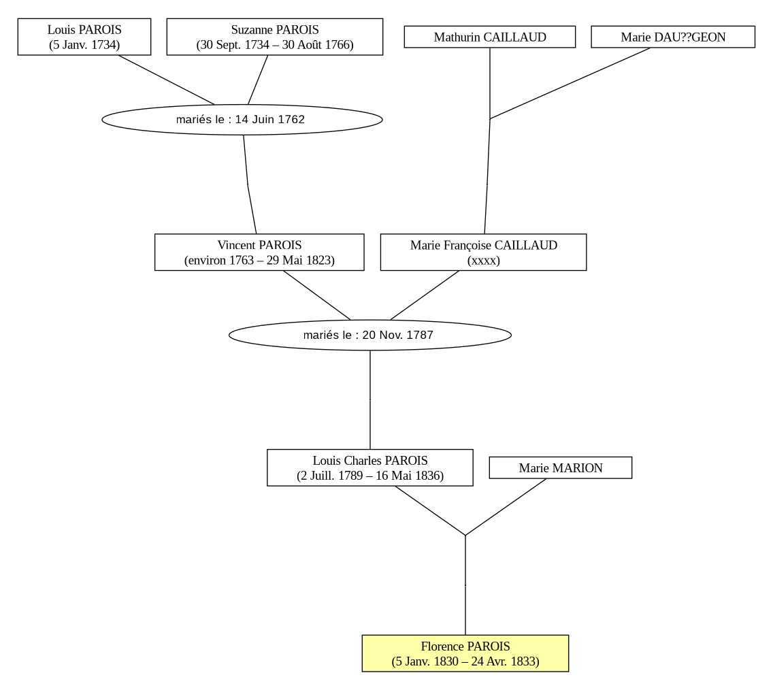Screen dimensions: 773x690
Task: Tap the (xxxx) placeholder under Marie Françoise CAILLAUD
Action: (484, 260)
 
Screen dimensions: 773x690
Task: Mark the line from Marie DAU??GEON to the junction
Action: (570, 83)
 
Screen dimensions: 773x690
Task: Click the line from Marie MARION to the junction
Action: (506, 507)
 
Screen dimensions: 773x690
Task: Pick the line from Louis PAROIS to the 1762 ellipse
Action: (166, 80)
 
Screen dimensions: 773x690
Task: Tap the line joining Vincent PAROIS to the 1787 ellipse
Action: (317, 295)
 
